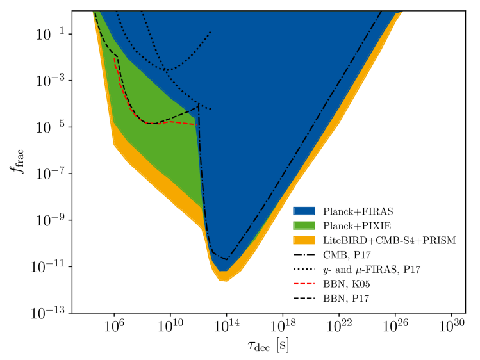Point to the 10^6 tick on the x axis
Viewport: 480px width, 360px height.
114,326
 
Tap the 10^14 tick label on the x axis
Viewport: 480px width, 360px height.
226,326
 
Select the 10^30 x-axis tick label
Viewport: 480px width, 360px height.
452,326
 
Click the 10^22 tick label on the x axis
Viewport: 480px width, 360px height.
339,326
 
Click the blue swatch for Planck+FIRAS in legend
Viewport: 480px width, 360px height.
305,211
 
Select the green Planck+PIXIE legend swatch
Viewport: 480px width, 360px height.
305,225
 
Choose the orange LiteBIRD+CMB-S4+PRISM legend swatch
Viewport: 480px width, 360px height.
305,240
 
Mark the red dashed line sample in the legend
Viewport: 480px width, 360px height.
305,284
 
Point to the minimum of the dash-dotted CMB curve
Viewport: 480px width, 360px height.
227,259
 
